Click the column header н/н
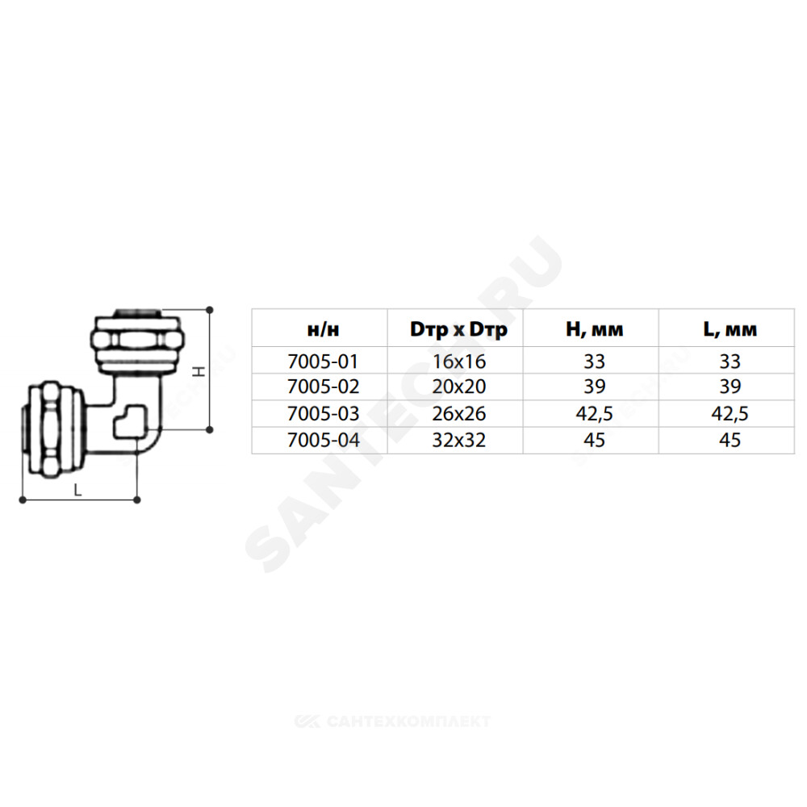(x=324, y=329)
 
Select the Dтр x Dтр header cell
(x=458, y=329)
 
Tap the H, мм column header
(x=595, y=329)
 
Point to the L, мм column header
(x=730, y=329)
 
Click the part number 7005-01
(x=323, y=362)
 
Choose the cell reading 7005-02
(x=324, y=387)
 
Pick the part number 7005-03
(x=324, y=413)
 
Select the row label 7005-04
(x=324, y=440)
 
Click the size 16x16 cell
(x=458, y=362)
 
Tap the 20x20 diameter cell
(x=458, y=387)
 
